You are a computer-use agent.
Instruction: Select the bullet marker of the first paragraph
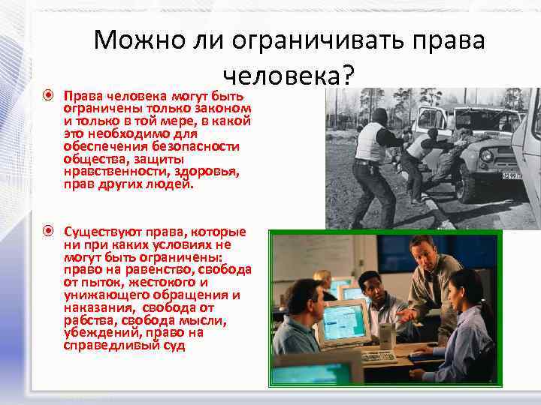[x=48, y=97]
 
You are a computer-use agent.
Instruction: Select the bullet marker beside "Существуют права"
[x=48, y=230]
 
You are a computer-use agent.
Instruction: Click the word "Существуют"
[x=101, y=230]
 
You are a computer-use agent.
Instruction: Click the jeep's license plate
[x=511, y=176]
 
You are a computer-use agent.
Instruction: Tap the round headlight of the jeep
[x=487, y=155]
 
